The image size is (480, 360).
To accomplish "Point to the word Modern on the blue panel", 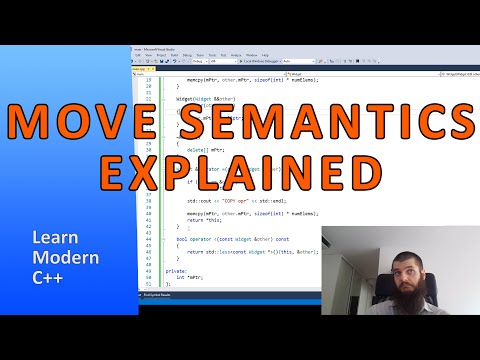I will pos(61,259).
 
